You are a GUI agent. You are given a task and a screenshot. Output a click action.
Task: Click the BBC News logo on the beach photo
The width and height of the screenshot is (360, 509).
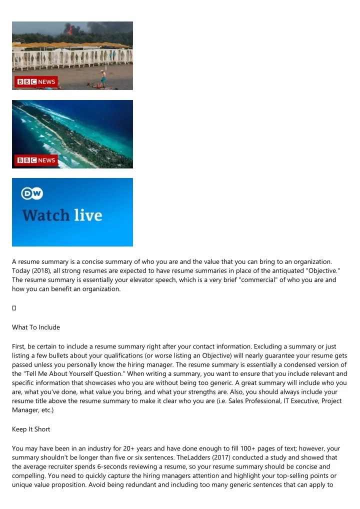(x=36, y=82)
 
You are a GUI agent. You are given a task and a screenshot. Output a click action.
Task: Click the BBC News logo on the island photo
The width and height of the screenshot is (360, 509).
(x=36, y=160)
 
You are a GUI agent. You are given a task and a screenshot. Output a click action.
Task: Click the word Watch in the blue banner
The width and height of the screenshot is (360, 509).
(x=45, y=216)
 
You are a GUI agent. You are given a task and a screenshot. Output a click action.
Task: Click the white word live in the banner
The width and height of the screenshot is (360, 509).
(x=88, y=215)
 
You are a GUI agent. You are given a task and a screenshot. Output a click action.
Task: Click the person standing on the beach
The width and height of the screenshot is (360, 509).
(x=103, y=78)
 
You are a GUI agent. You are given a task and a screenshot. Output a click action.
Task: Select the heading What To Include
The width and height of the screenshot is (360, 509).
(x=36, y=327)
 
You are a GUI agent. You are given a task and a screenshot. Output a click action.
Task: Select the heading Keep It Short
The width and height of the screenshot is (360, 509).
(x=31, y=429)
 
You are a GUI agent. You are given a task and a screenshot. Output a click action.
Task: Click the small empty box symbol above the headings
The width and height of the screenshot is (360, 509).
(x=14, y=307)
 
